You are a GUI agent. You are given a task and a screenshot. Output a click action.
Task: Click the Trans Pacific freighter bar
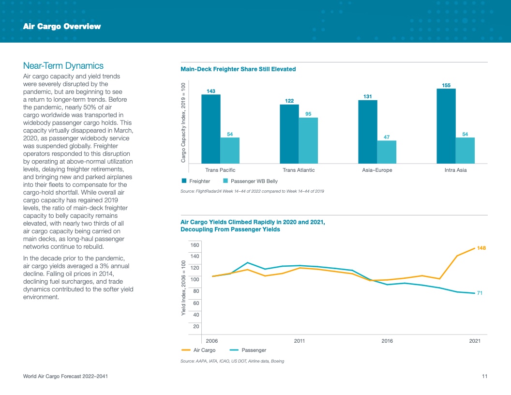coord(211,129)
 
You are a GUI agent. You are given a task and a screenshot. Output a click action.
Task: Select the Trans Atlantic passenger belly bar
coord(308,140)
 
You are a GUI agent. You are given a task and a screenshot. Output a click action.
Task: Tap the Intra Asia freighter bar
coord(446,126)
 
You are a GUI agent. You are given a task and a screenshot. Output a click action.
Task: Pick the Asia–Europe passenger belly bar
coord(387,152)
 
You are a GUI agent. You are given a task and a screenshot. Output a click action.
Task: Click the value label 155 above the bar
coord(446,85)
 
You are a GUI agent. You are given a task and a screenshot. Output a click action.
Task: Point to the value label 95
coord(308,114)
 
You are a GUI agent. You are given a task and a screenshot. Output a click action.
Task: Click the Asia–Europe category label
coord(377,170)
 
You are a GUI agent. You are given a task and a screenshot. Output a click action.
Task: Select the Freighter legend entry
coord(196,181)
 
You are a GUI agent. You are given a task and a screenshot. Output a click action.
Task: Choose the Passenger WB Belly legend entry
coord(250,181)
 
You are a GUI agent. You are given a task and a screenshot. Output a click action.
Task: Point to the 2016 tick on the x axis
coord(387,341)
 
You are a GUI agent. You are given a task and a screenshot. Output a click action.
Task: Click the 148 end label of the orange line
coord(481,248)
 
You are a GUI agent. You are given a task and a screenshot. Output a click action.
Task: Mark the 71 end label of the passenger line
coord(480,293)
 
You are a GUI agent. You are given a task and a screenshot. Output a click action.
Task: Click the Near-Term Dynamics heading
coord(63,66)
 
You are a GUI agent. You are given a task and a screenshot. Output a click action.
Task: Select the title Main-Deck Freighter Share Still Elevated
coord(238,69)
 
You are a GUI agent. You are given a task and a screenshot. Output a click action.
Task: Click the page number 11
coord(484,376)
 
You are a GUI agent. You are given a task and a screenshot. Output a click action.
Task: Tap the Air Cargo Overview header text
coord(62,27)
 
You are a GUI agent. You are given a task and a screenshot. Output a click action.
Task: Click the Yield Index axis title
coord(184,289)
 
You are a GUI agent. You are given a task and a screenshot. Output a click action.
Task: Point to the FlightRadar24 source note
coord(252,192)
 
